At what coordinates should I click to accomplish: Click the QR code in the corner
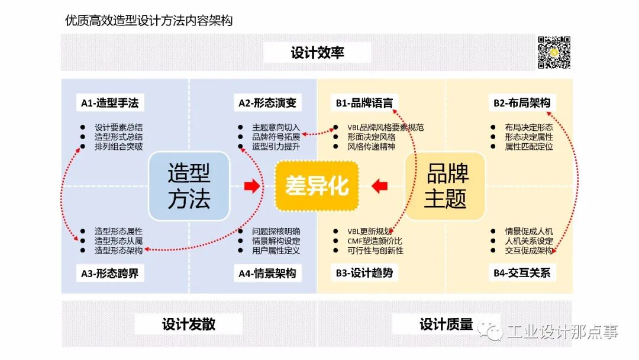pyautogui.click(x=554, y=52)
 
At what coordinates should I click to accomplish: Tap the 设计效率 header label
pyautogui.click(x=317, y=53)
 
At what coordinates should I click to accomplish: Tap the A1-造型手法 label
pyautogui.click(x=109, y=103)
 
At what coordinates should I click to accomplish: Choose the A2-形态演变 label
pyautogui.click(x=267, y=103)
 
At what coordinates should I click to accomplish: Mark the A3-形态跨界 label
pyautogui.click(x=109, y=273)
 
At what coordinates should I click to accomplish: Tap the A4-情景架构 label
pyautogui.click(x=267, y=273)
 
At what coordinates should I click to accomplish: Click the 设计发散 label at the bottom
pyautogui.click(x=189, y=324)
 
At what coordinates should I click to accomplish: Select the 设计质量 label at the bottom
pyautogui.click(x=446, y=324)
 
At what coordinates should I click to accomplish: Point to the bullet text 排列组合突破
pyautogui.click(x=118, y=146)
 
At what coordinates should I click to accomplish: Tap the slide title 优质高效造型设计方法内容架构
pyautogui.click(x=149, y=21)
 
